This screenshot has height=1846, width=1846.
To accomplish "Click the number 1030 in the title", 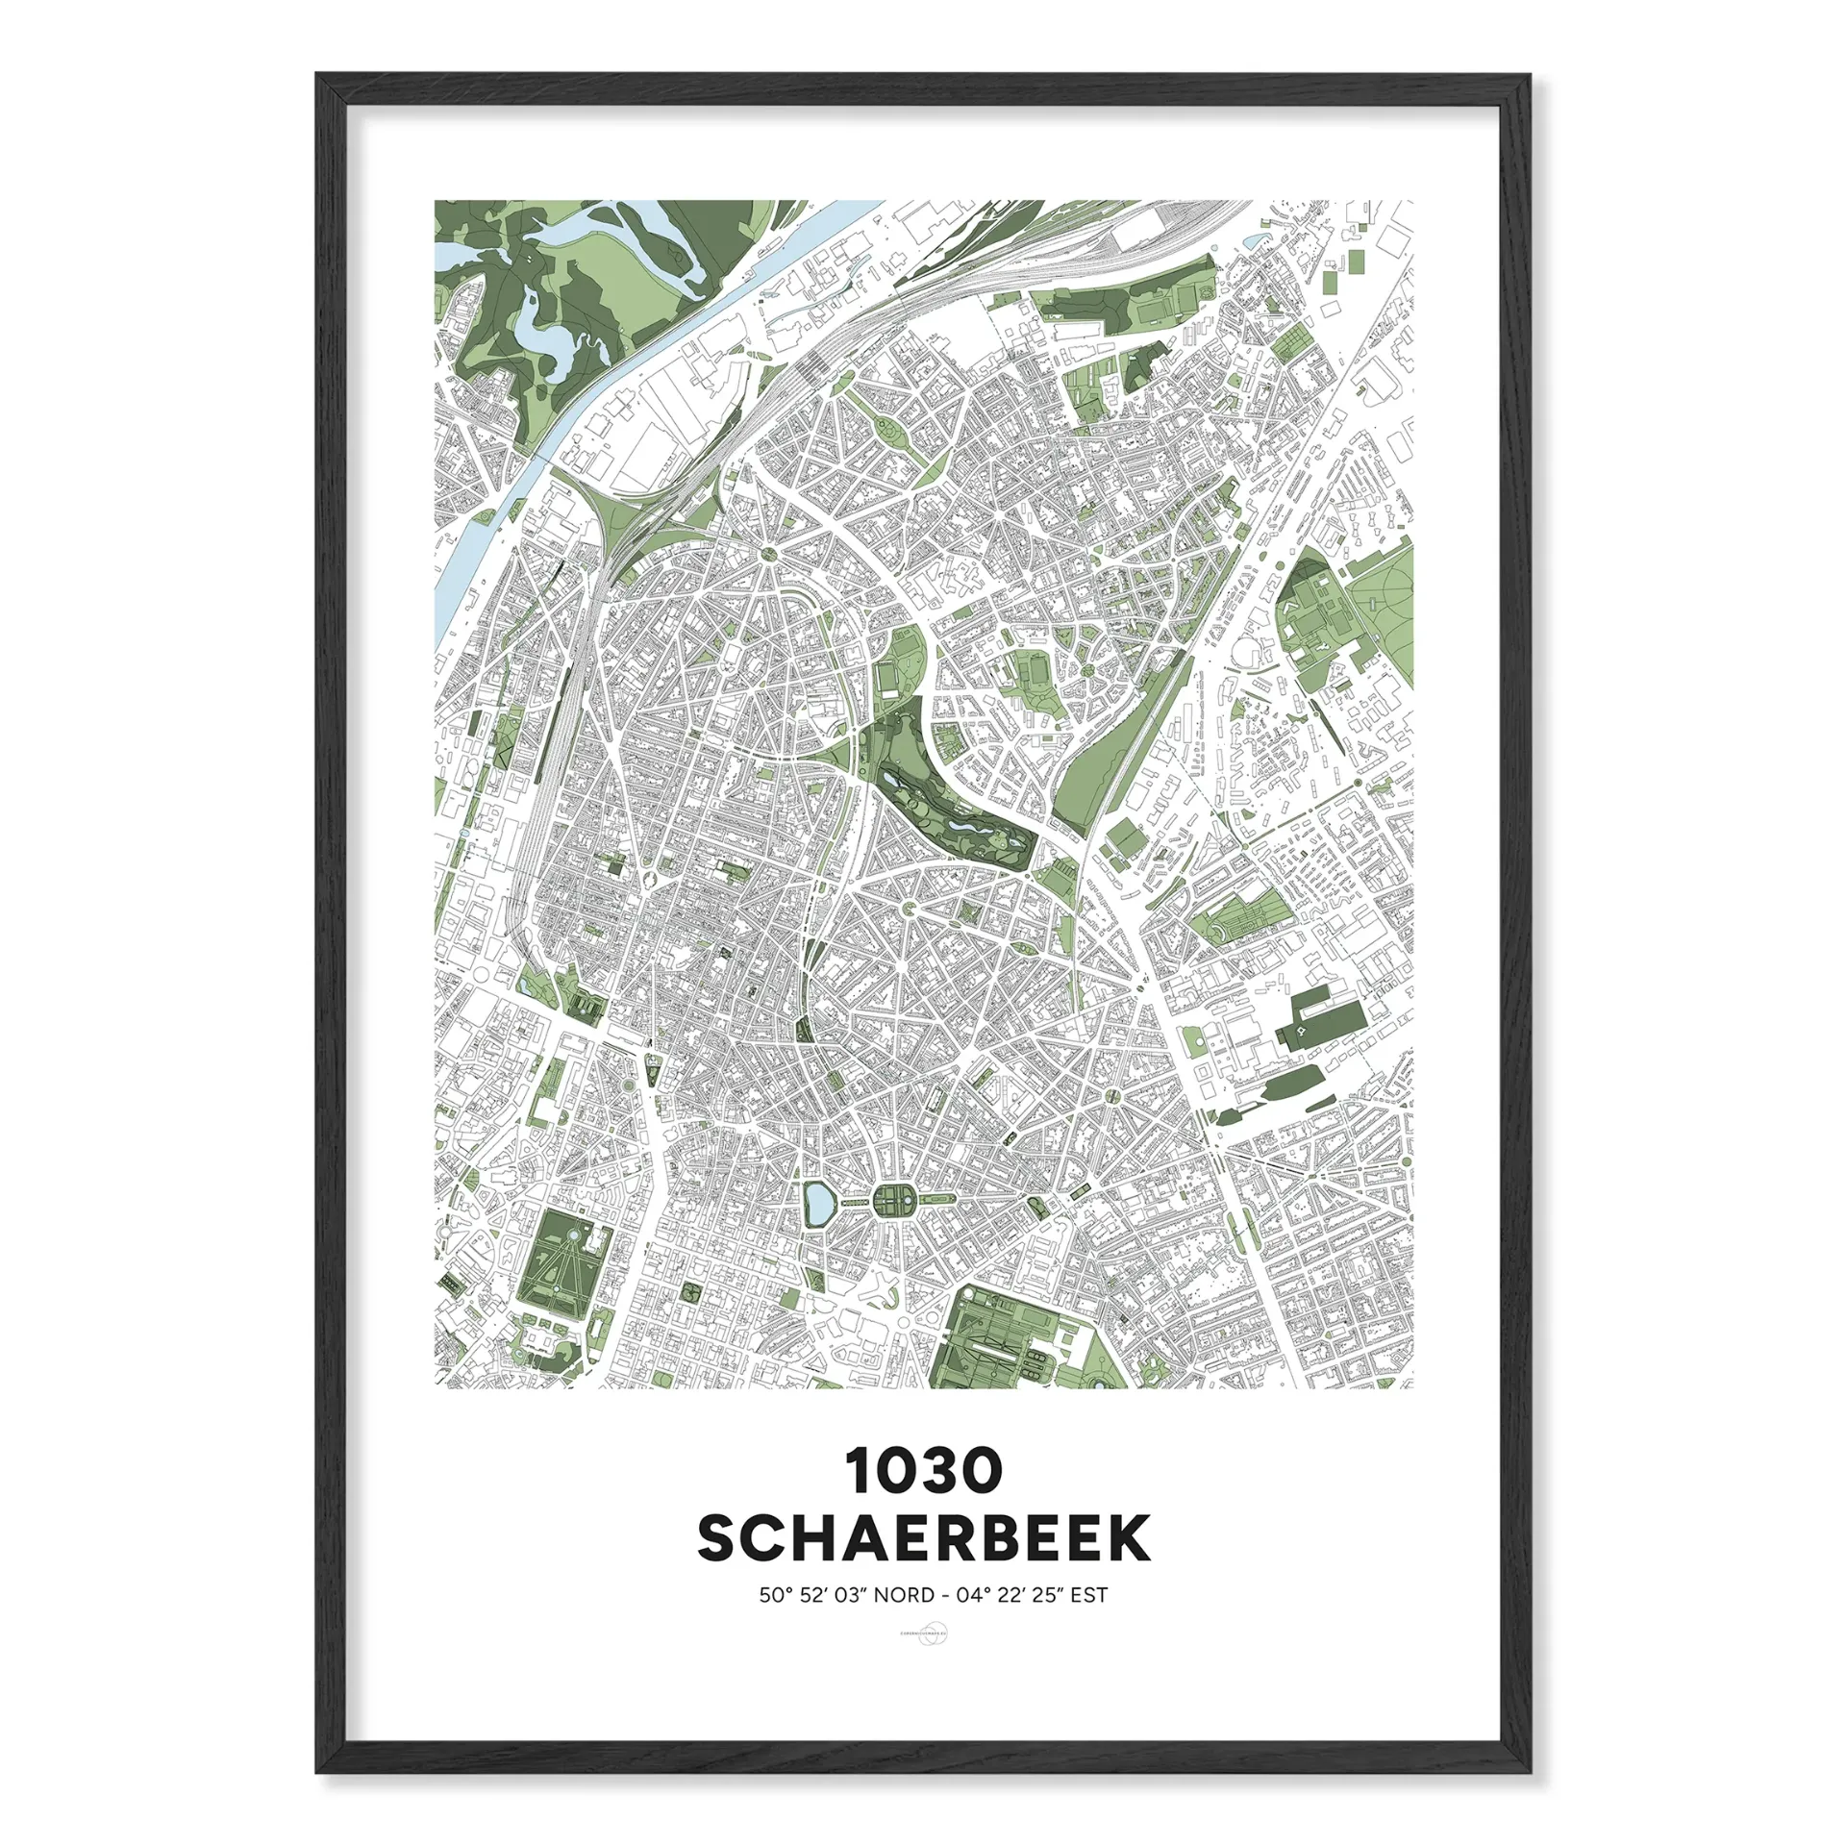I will pos(924,1471).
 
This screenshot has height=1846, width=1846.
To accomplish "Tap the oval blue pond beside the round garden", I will pos(818,1204).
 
